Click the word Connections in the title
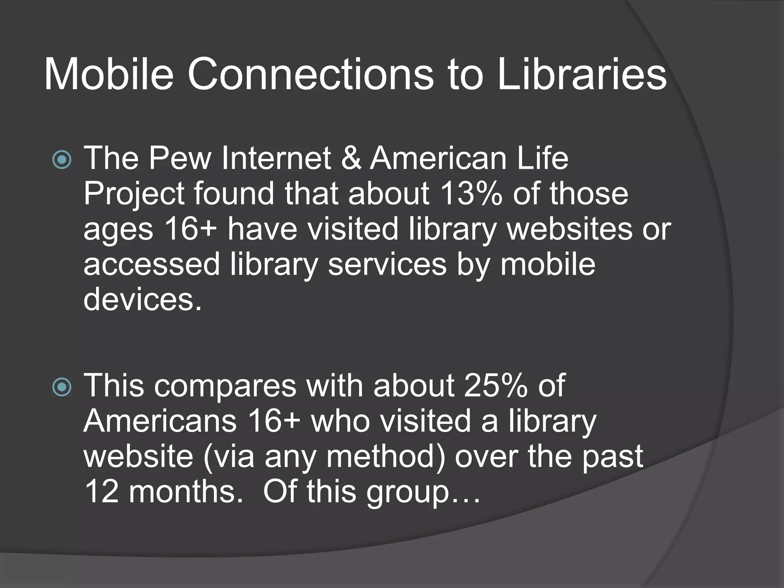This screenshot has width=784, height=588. pyautogui.click(x=310, y=73)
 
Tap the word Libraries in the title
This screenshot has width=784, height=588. pyautogui.click(x=582, y=73)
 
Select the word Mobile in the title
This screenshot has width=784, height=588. pyautogui.click(x=109, y=73)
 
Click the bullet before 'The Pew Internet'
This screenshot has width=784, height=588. pyautogui.click(x=62, y=160)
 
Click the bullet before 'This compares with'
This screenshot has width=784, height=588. pyautogui.click(x=62, y=387)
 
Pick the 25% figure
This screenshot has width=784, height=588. pyautogui.click(x=495, y=385)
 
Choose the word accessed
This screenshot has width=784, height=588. pyautogui.click(x=152, y=264)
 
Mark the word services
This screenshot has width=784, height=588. pyautogui.click(x=387, y=264)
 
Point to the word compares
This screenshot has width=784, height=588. pyautogui.click(x=225, y=386)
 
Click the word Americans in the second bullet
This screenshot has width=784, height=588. pyautogui.click(x=160, y=421)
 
